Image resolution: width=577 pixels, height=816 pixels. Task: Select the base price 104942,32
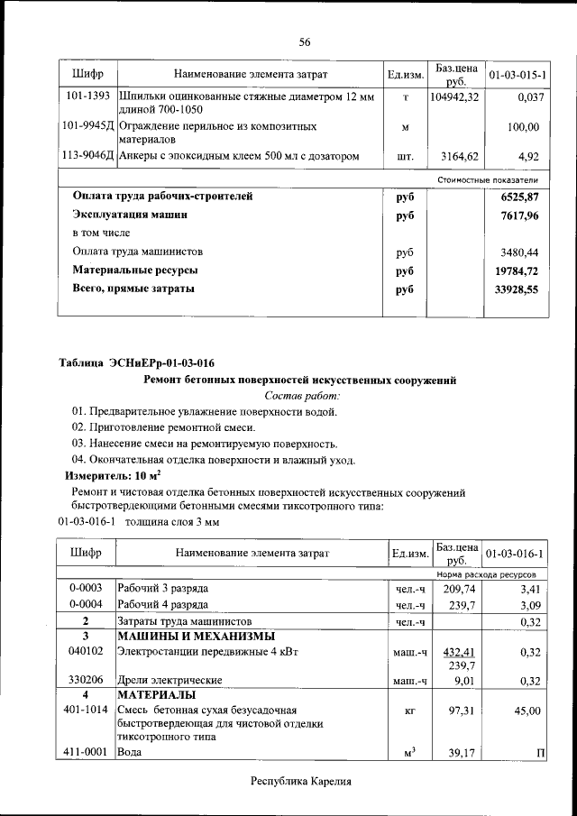pyautogui.click(x=455, y=96)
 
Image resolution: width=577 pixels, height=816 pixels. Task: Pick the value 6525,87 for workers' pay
pyautogui.click(x=519, y=196)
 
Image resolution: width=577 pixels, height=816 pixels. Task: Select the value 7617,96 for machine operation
pyautogui.click(x=519, y=216)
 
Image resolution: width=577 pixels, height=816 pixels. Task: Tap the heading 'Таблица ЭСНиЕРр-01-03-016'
pyautogui.click(x=136, y=363)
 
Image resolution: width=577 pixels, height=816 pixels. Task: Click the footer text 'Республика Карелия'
pyautogui.click(x=300, y=782)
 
